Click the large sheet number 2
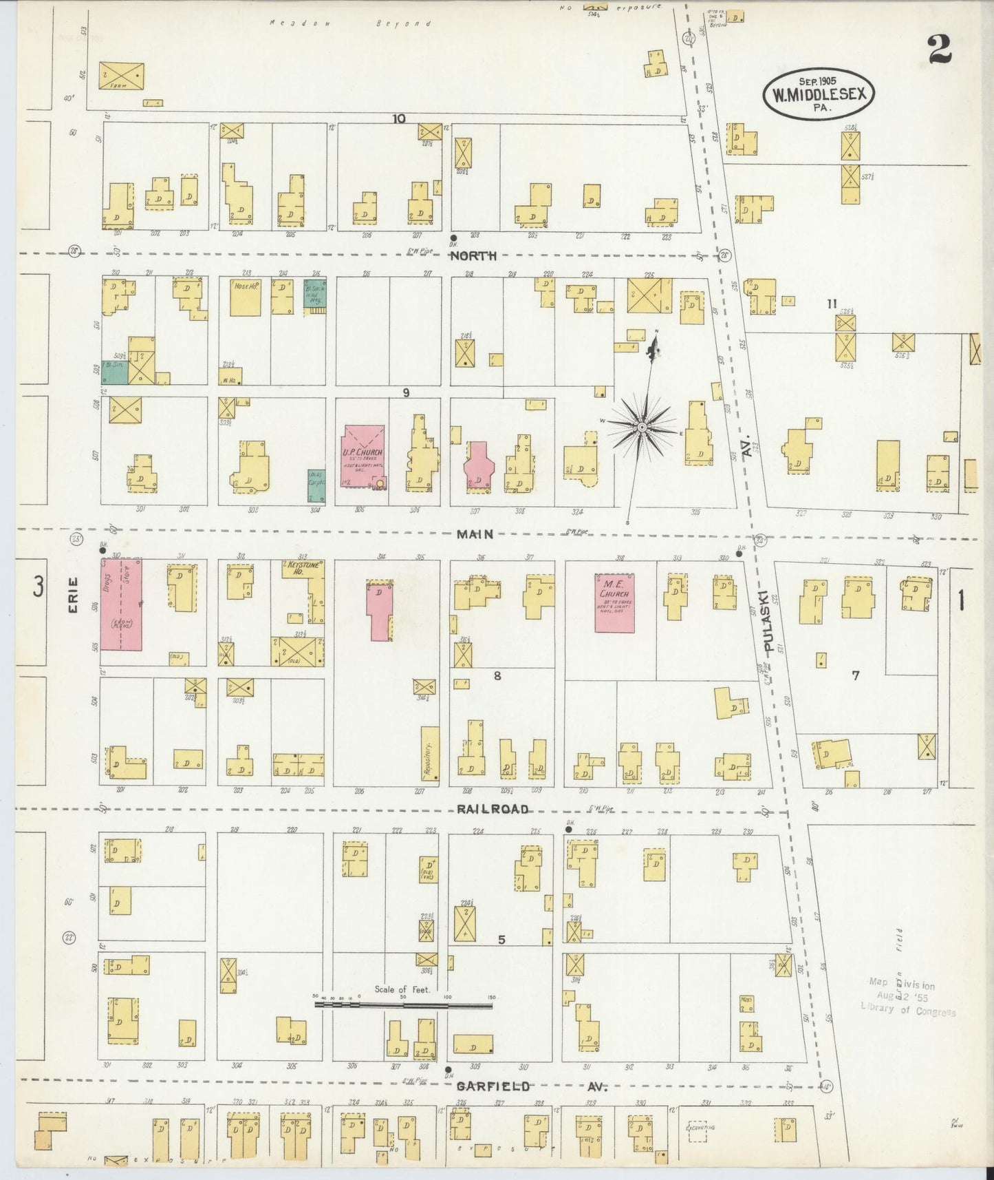(938, 49)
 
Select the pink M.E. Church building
(614, 603)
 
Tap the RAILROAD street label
(493, 809)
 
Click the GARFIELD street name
(493, 1086)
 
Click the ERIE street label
(74, 594)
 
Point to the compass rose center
(641, 428)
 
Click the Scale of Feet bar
(403, 1005)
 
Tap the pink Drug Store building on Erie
(122, 604)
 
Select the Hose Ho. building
(245, 297)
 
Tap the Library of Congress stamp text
(908, 1011)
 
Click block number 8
(497, 675)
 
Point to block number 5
(501, 938)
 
